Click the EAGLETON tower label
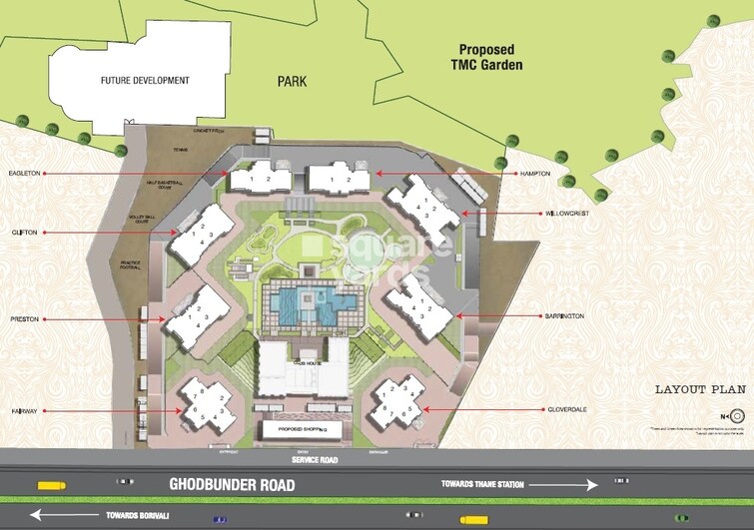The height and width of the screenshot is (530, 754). tap(25, 173)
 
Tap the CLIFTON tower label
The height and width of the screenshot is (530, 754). tap(24, 233)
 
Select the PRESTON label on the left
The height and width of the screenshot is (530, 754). tap(25, 320)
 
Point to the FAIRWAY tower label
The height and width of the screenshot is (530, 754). tap(25, 410)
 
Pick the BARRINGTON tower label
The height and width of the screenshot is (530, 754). tap(565, 315)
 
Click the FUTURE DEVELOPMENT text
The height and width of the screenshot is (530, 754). tap(144, 80)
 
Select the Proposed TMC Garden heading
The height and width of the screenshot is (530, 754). tap(490, 57)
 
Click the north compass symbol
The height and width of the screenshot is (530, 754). tap(737, 415)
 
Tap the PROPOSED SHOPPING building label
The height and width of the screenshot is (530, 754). tap(302, 430)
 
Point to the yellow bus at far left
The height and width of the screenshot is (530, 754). tap(50, 486)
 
